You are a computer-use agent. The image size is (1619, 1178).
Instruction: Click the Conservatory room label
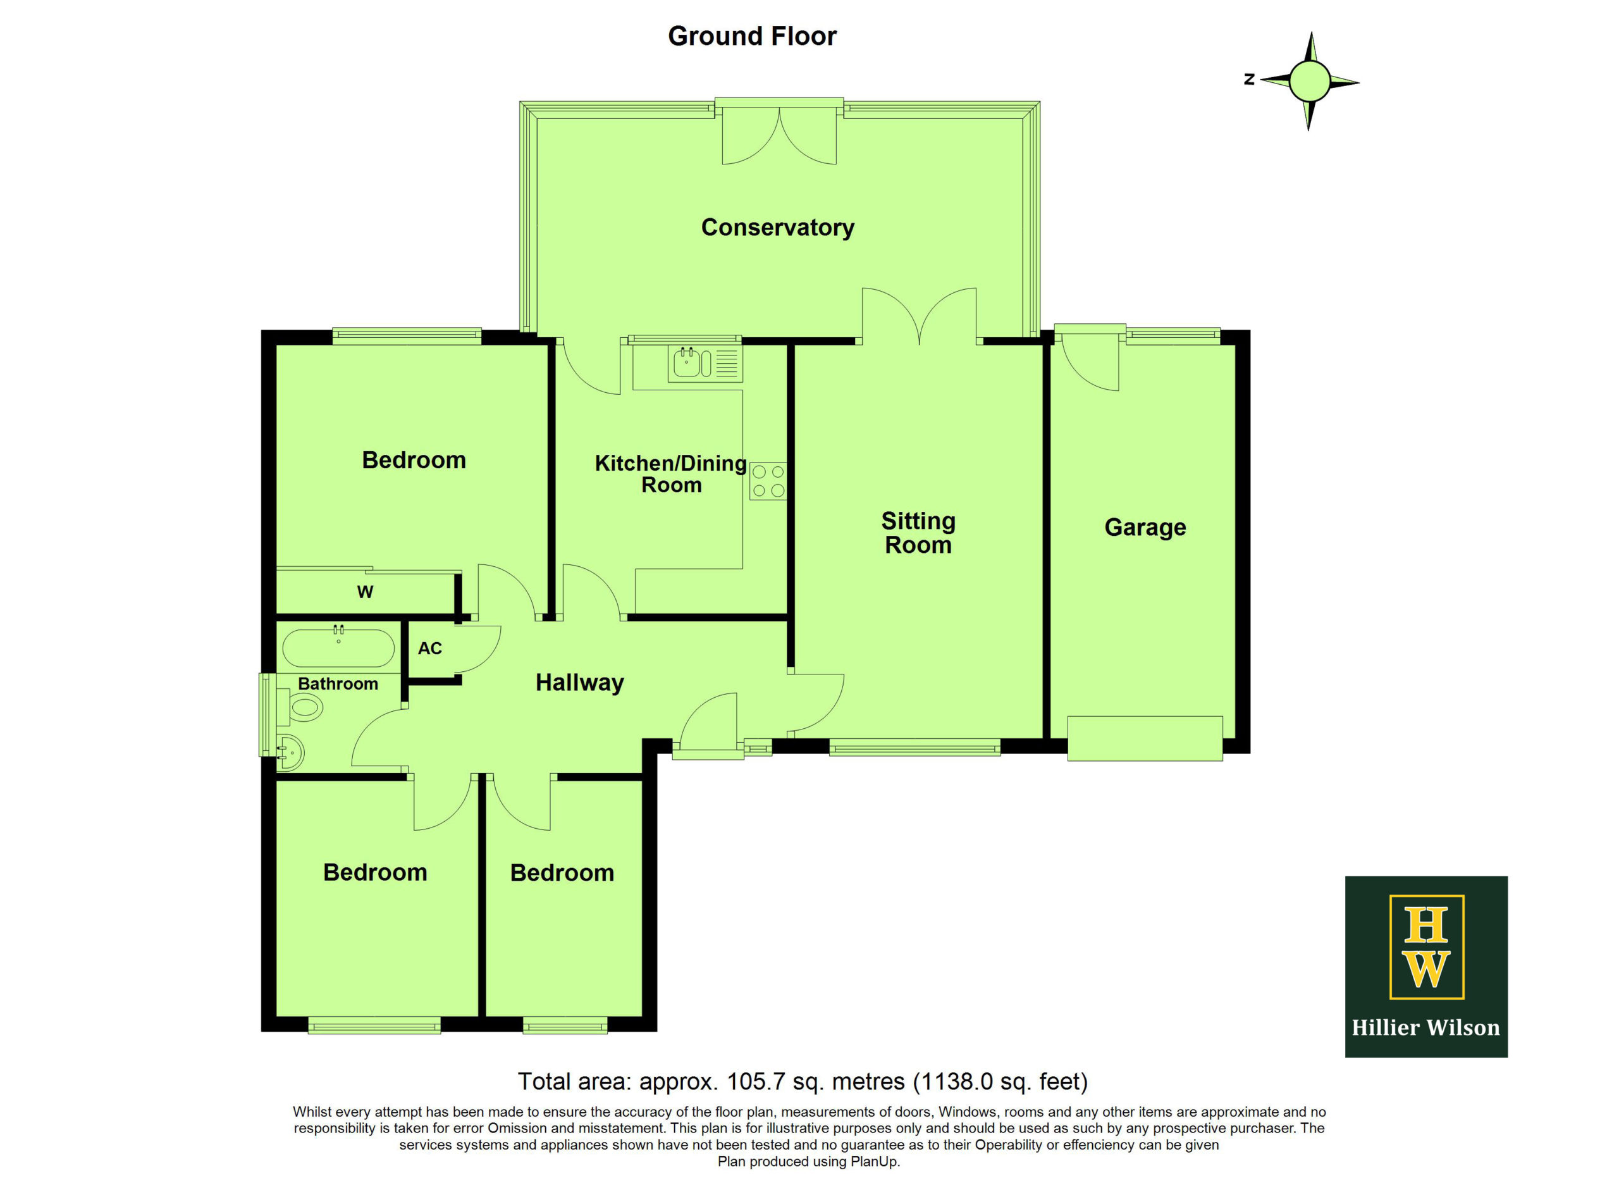click(777, 228)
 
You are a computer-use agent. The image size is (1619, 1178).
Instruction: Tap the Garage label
click(1145, 528)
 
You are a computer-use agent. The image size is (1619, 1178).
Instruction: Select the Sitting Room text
click(918, 533)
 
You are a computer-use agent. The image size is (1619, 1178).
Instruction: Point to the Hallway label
click(580, 683)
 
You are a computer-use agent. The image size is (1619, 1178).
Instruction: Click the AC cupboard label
click(430, 648)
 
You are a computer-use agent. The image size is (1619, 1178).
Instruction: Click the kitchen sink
click(705, 363)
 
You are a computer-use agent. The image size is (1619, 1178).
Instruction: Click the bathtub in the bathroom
click(338, 648)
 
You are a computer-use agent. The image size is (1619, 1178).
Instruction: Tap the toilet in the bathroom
click(303, 707)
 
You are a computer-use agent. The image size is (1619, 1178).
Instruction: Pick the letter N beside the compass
click(1248, 79)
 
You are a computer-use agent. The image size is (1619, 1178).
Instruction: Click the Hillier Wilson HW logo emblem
click(1426, 946)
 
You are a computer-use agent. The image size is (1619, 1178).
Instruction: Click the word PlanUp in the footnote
click(875, 1162)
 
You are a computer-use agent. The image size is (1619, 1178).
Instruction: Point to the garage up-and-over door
click(1145, 738)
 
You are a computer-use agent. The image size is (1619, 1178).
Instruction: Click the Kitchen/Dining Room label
click(671, 474)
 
